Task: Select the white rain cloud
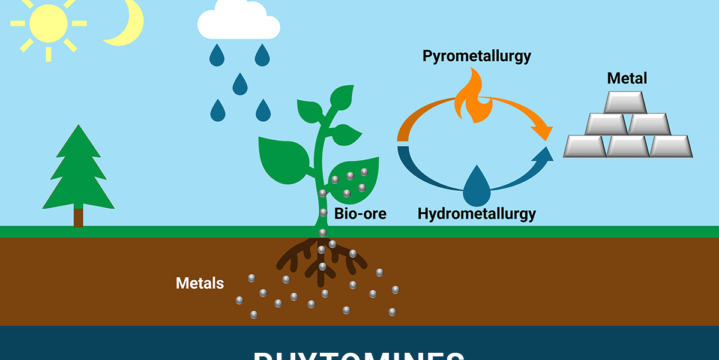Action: coord(238,24)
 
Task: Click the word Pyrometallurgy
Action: coord(477,56)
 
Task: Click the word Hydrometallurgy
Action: coord(477,213)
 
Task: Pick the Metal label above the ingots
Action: coord(627,78)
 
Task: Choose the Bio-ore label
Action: coord(360,213)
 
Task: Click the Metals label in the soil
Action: coord(200,283)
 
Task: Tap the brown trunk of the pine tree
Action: coord(79,217)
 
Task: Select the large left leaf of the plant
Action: coord(285,158)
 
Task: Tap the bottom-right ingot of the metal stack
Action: coord(670,146)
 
